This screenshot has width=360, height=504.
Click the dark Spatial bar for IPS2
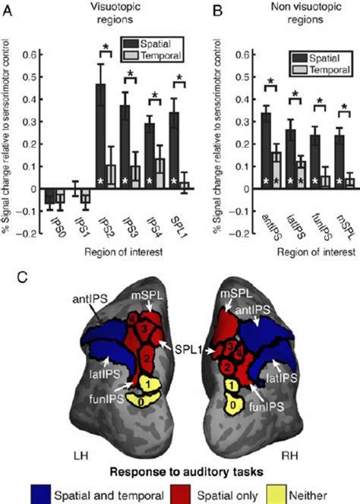[101, 137]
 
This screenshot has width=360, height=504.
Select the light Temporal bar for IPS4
[160, 174]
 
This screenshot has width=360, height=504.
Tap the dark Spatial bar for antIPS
[266, 151]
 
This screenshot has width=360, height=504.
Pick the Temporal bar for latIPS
[300, 175]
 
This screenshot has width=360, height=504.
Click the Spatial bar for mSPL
[339, 162]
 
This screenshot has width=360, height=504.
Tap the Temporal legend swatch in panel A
[132, 55]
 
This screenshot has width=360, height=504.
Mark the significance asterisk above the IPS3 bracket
[131, 74]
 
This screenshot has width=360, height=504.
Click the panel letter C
[22, 277]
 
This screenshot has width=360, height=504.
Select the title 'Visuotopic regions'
[115, 13]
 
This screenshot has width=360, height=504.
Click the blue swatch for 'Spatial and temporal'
[40, 495]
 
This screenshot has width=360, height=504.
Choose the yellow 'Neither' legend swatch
[276, 495]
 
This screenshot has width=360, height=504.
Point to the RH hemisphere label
[289, 455]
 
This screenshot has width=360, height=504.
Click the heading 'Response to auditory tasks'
[187, 472]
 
